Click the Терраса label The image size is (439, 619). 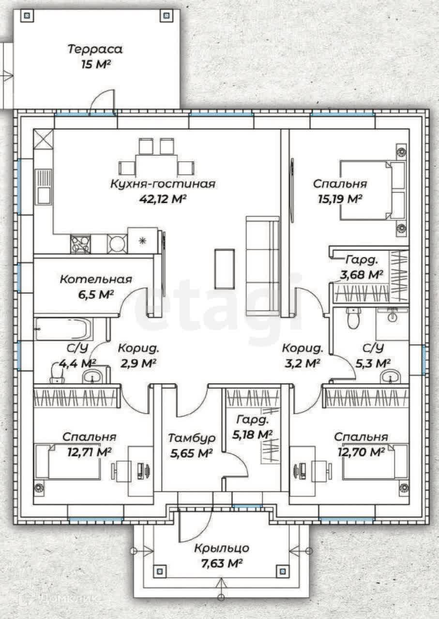point(95,49)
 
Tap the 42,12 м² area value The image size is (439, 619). point(162,199)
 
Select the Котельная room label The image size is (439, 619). point(96,280)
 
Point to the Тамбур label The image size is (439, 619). point(192,439)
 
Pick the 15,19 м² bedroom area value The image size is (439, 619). point(340,199)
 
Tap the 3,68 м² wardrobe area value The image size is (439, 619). point(361,275)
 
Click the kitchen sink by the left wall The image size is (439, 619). point(44,187)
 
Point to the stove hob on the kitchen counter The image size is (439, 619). point(80,244)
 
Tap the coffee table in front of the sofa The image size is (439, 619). point(225,269)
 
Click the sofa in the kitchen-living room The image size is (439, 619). point(262,266)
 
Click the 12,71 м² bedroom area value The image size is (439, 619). point(90,452)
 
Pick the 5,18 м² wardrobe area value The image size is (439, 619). point(252,435)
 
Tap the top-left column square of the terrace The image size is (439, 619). point(27,16)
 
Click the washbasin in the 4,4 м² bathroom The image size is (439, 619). point(92,376)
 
